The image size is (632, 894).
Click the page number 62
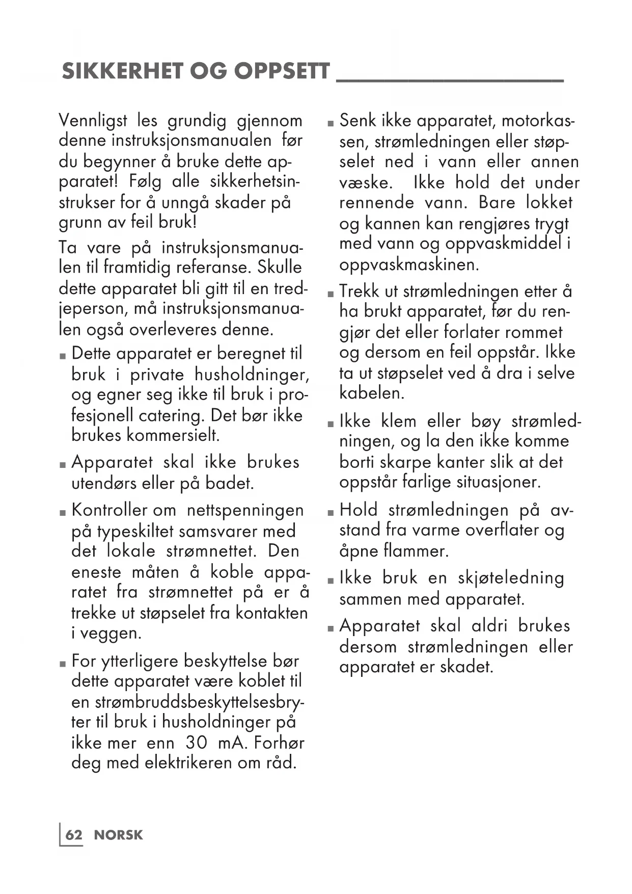point(74,835)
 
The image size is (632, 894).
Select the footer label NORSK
point(118,835)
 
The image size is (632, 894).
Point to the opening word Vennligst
point(93,121)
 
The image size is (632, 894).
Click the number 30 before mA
point(197,742)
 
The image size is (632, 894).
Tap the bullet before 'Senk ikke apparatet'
point(331,123)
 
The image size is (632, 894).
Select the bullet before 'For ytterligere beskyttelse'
point(63,664)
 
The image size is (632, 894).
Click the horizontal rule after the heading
point(450,81)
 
